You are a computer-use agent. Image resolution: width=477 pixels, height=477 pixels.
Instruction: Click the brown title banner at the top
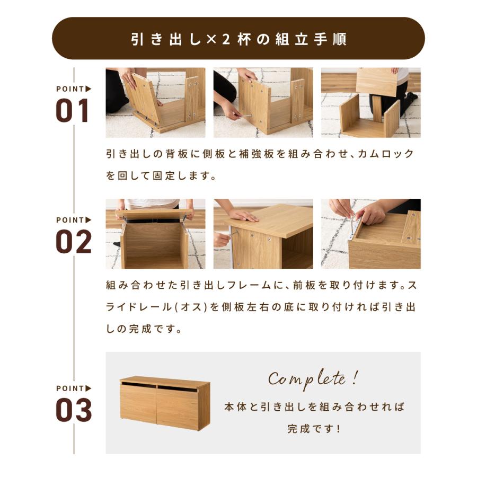click(x=238, y=38)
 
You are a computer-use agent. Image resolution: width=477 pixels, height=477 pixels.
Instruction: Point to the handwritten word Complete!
click(x=313, y=379)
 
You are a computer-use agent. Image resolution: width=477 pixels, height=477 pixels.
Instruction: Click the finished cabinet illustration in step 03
click(x=164, y=403)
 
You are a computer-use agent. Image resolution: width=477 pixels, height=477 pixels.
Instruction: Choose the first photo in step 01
click(x=155, y=102)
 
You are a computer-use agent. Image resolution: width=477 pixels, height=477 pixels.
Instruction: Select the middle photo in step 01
click(x=263, y=102)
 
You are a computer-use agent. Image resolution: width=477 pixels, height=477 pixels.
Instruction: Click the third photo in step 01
click(x=370, y=102)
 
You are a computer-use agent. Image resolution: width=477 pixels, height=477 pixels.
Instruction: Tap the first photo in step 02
click(x=155, y=234)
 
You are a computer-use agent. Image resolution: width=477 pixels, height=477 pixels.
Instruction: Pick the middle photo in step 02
click(x=263, y=234)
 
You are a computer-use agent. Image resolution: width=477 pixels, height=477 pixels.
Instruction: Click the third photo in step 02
click(x=370, y=234)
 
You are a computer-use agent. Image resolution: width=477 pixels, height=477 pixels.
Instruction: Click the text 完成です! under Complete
click(x=314, y=428)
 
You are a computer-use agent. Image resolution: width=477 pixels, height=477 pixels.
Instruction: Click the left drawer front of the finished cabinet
click(x=138, y=407)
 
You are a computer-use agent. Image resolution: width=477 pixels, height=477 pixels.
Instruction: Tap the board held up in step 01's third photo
click(x=376, y=81)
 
